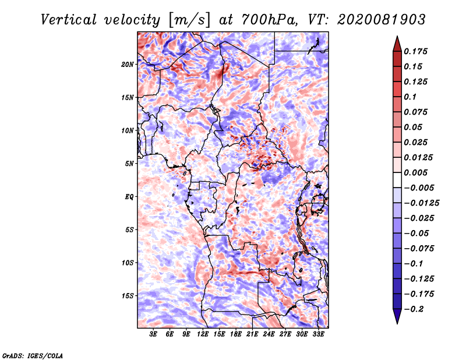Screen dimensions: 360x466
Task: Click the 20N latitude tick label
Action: [x=128, y=64]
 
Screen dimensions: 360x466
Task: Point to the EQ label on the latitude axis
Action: [x=129, y=197]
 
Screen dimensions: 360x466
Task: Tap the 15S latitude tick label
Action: [x=128, y=296]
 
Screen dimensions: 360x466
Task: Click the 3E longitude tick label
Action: [x=154, y=334]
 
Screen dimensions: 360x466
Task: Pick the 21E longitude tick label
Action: [x=253, y=334]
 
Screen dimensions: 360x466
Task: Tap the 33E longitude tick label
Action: [x=318, y=334]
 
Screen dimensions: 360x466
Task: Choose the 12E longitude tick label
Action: [x=203, y=334]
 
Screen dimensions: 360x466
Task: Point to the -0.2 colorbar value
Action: [x=415, y=309]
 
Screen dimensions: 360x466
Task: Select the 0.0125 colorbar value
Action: [x=418, y=157]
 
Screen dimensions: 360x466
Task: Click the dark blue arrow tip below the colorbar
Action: [x=397, y=319]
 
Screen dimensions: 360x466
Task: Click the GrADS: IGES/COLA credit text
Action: [x=32, y=355]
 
